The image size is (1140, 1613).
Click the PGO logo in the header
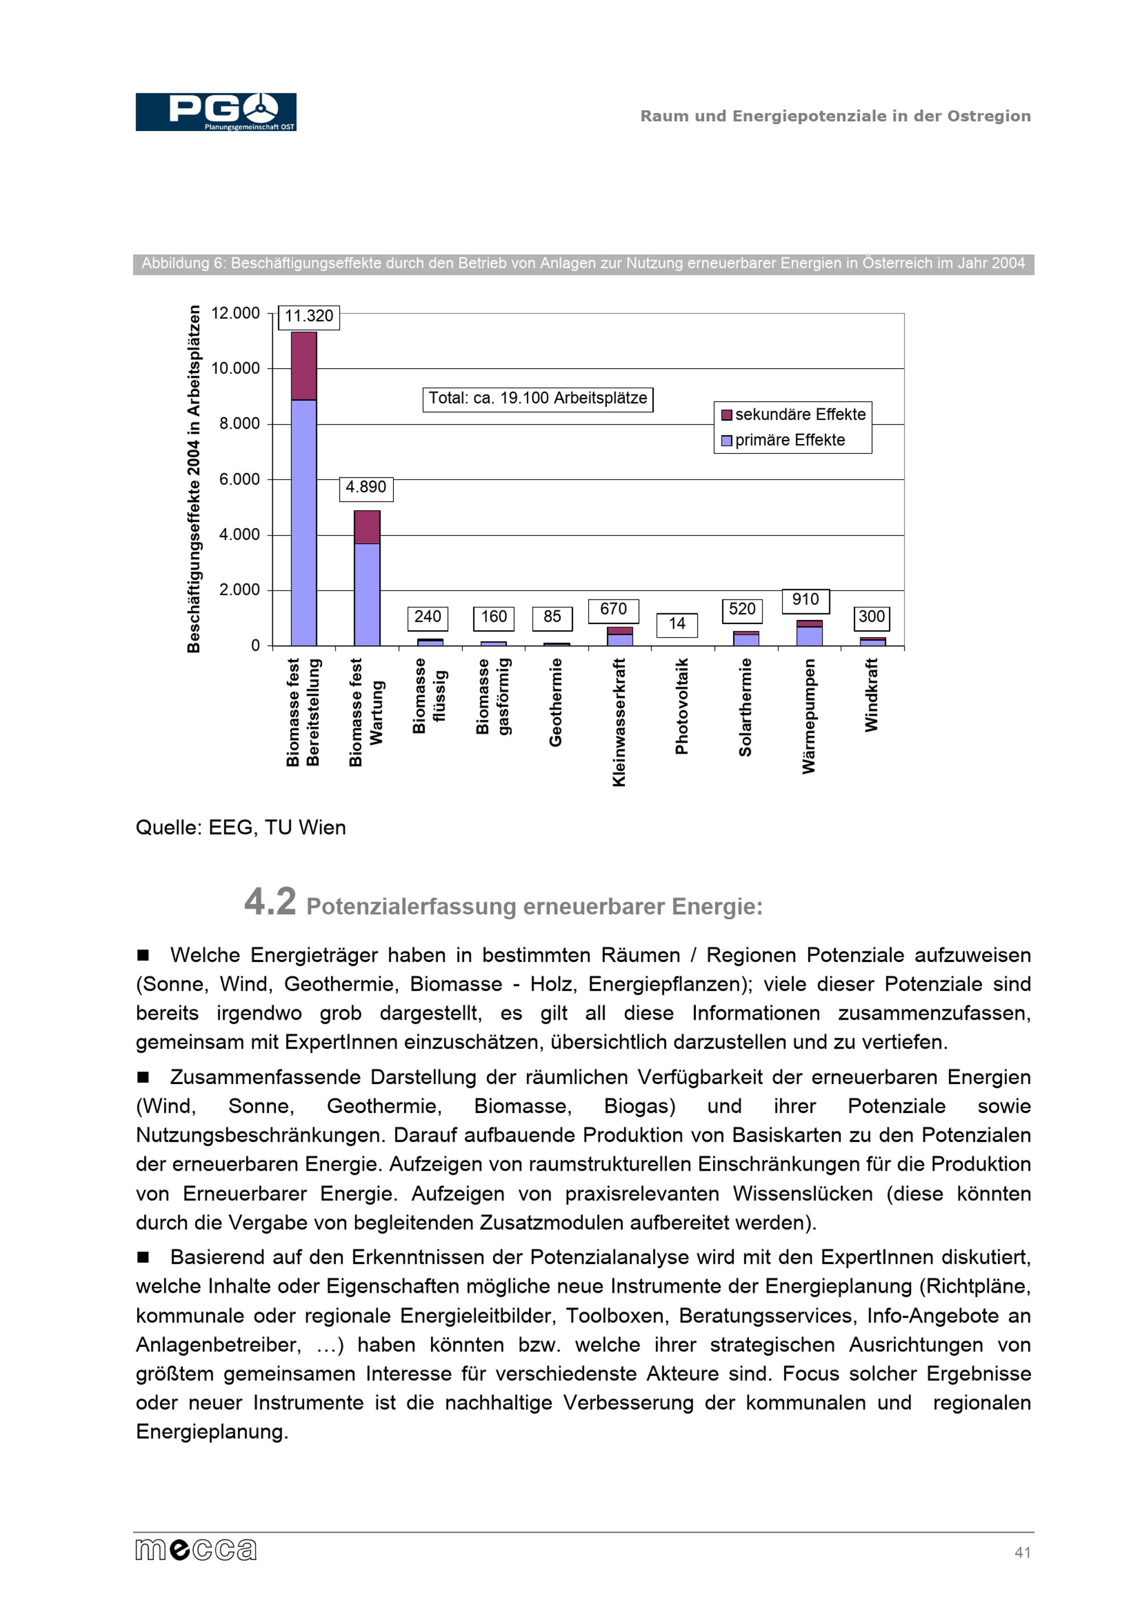[215, 112]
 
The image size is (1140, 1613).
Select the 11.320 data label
[309, 317]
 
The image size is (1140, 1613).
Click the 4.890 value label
[366, 487]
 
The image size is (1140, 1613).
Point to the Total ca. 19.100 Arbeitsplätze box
[538, 398]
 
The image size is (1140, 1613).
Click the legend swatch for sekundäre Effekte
[726, 415]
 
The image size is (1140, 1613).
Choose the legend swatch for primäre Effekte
[726, 441]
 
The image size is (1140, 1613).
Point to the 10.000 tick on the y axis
[235, 368]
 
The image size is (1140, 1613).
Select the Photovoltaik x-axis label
[681, 706]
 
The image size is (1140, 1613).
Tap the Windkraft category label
[871, 695]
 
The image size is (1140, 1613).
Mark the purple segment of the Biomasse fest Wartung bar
[367, 527]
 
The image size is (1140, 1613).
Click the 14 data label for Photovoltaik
[677, 624]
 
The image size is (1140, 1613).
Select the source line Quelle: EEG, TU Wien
[240, 828]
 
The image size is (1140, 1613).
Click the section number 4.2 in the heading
[270, 901]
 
